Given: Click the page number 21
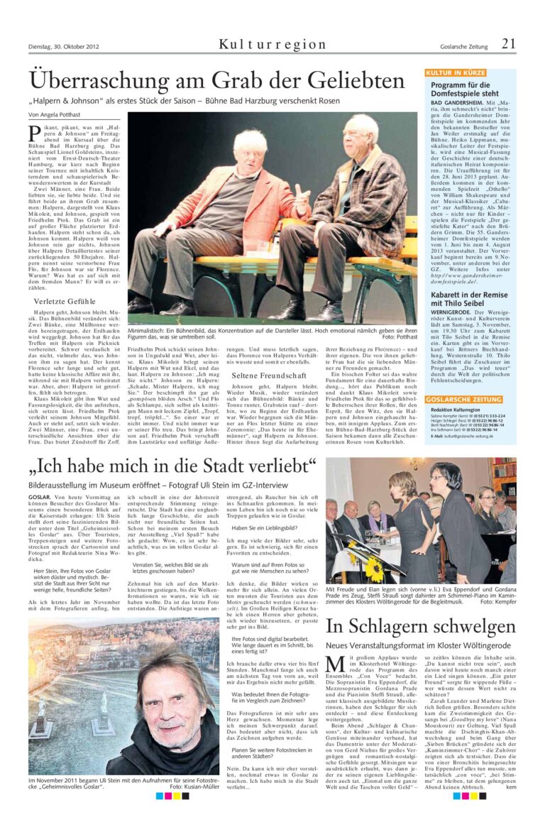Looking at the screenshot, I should point(508,43).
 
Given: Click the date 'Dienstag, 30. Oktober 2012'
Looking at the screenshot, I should point(64,46).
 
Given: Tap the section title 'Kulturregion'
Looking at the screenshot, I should point(272,45).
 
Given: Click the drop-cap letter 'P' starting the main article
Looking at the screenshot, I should point(34,132).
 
